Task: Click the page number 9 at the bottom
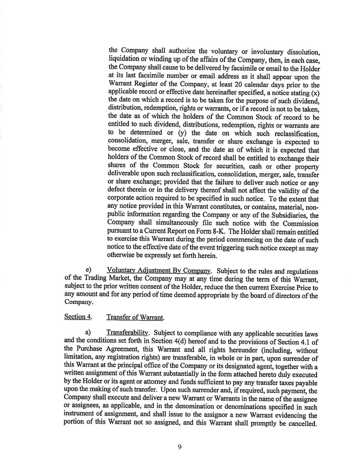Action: pyautogui.click(x=179, y=447)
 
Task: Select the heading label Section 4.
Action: pyautogui.click(x=78, y=316)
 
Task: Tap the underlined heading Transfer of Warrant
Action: pyautogui.click(x=135, y=317)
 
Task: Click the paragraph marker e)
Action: pyautogui.click(x=89, y=270)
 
